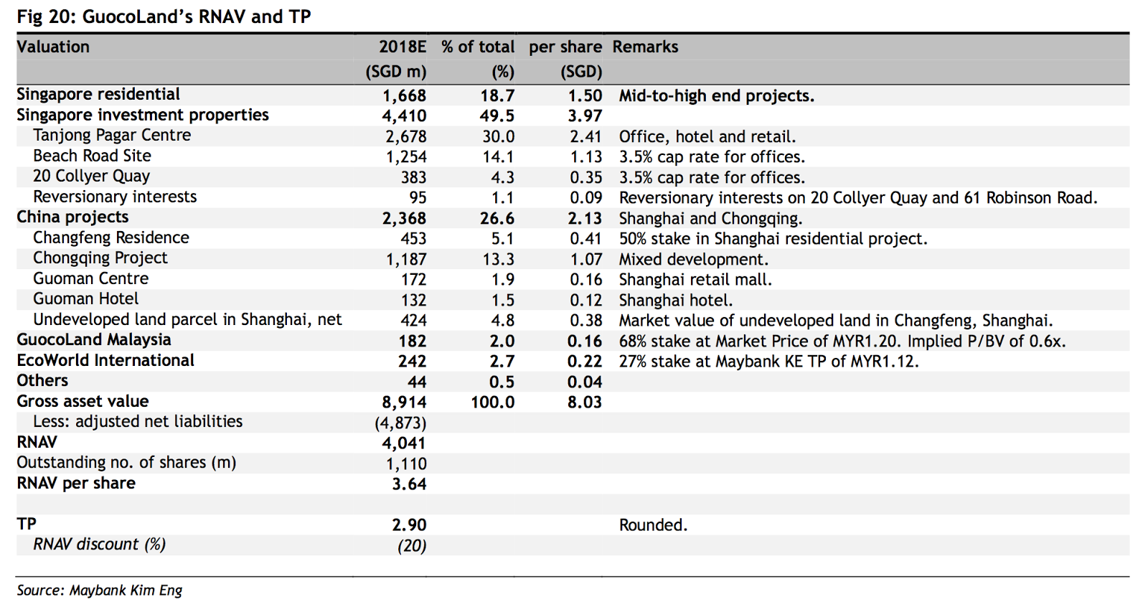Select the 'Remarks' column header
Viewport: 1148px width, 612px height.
[x=645, y=47]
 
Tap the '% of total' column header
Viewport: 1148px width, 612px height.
[x=478, y=47]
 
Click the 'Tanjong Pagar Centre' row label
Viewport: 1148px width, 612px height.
[x=112, y=136]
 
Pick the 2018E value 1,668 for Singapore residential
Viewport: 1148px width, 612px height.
[x=405, y=96]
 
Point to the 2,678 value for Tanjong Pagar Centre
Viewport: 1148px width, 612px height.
[x=406, y=137]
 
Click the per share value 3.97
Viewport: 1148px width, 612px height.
[x=585, y=116]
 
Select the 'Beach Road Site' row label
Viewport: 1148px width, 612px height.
[x=93, y=156]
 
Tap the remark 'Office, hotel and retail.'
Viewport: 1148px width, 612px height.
[x=707, y=137]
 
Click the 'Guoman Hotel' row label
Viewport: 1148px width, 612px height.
[x=85, y=298]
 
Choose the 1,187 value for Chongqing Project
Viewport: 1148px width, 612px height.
[x=406, y=259]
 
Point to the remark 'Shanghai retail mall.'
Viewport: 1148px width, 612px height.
[x=695, y=280]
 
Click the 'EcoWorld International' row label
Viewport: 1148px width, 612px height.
[x=105, y=360]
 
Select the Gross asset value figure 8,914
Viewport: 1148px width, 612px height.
[x=405, y=402]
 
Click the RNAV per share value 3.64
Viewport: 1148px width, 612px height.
[x=409, y=484]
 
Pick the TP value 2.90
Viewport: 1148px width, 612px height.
[x=409, y=525]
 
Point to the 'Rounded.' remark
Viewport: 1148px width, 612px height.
[x=654, y=525]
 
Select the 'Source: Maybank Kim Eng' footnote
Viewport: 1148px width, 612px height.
[x=100, y=590]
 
